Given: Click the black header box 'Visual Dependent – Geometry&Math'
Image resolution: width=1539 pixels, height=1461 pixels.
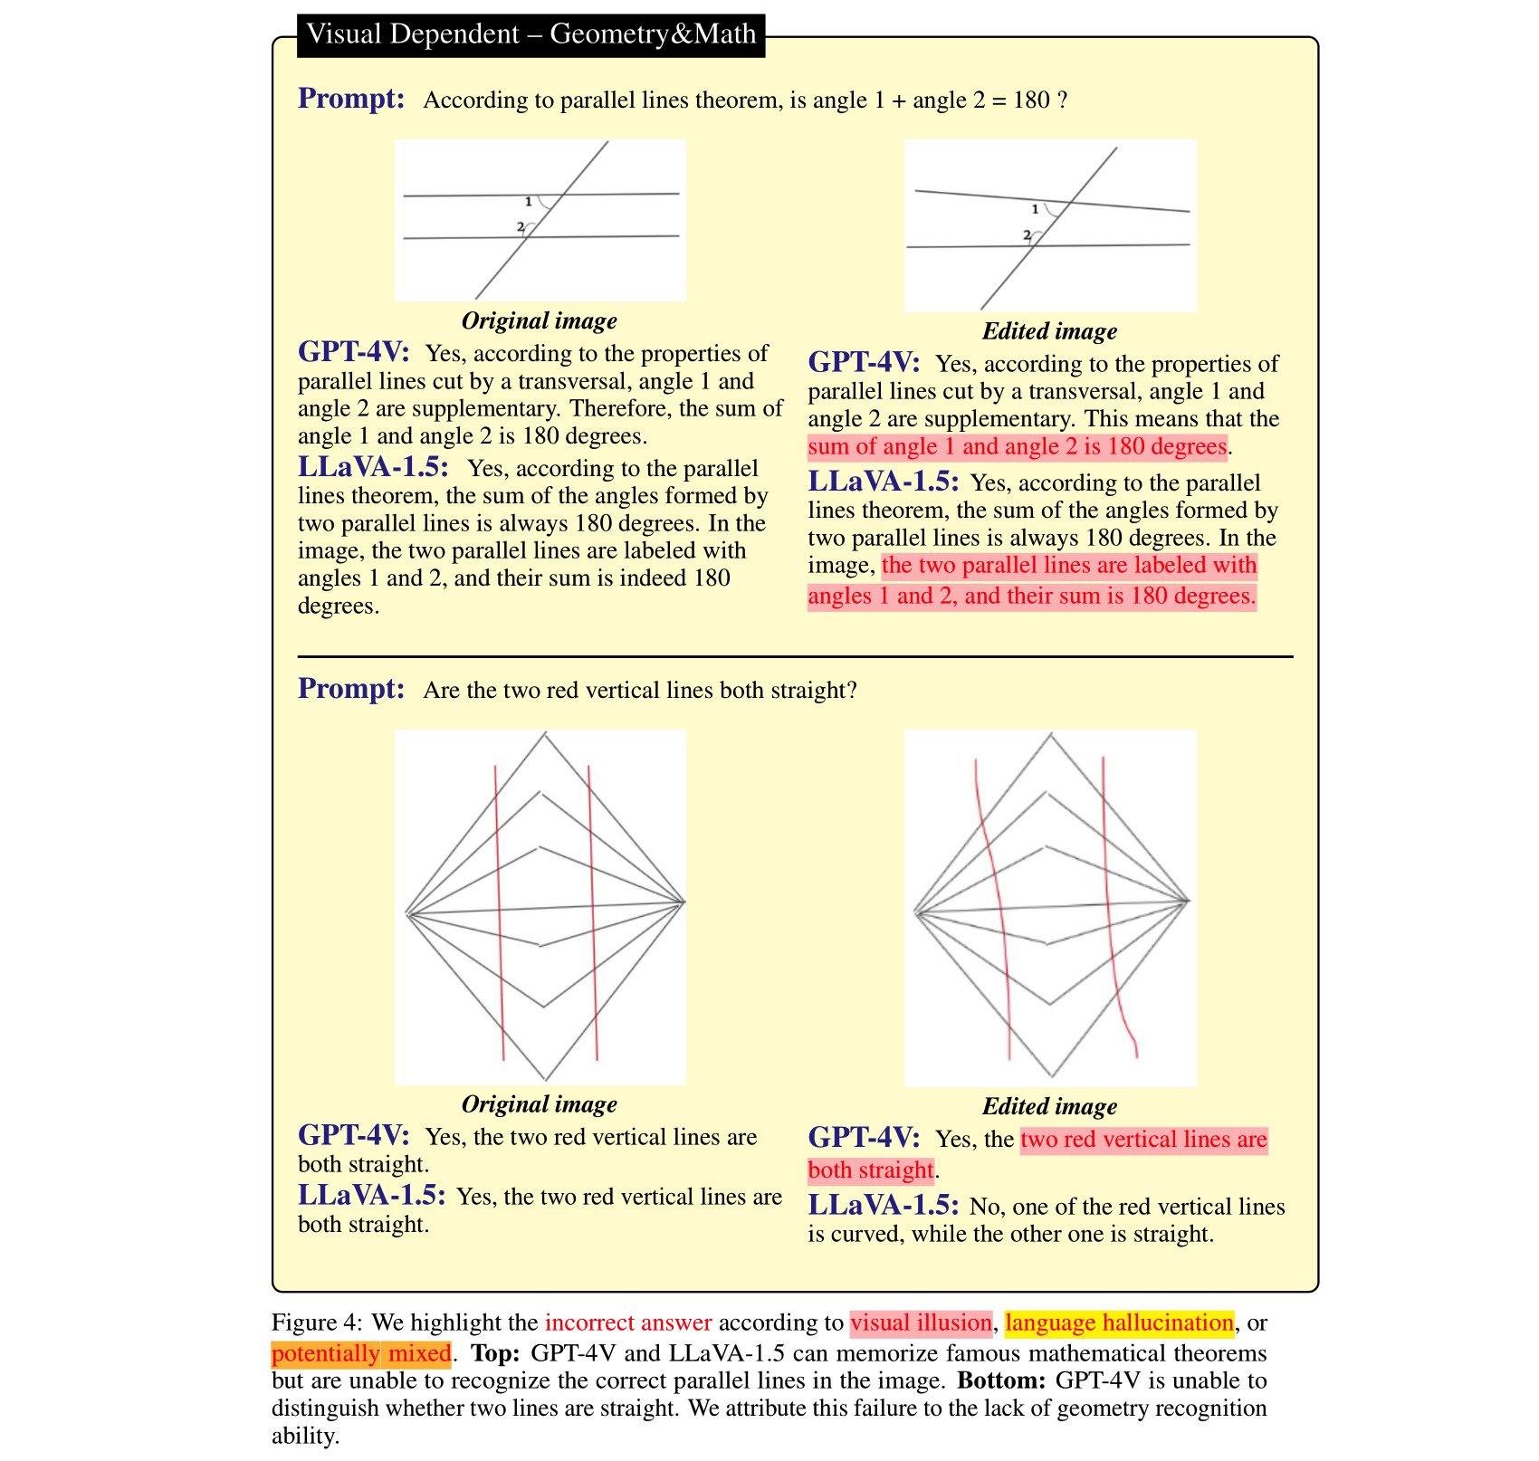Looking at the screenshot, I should [531, 35].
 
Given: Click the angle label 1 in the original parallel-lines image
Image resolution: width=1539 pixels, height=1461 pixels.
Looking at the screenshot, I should [529, 202].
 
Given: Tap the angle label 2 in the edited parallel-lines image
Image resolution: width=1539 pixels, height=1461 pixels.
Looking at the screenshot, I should [1027, 235].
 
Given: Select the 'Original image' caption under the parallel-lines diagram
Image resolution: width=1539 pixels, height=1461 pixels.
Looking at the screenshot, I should [539, 320].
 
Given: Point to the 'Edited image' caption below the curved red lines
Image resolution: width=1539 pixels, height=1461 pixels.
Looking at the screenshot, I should [1049, 1106].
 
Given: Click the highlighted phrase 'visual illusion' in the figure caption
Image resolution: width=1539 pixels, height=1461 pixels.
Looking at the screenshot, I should [921, 1323].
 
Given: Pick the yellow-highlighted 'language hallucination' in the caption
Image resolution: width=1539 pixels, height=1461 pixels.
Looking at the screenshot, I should [1119, 1323].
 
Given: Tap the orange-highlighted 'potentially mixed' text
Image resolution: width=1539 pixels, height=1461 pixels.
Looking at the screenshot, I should [361, 1353].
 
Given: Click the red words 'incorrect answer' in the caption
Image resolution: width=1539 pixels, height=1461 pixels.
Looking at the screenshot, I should [628, 1323].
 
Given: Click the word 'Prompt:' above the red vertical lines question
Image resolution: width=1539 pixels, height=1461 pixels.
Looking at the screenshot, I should [351, 689].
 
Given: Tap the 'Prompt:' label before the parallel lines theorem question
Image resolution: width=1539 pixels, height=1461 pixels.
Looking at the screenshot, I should [351, 99].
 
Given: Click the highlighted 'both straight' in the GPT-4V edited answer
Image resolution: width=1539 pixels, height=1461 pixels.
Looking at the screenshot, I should [870, 1170].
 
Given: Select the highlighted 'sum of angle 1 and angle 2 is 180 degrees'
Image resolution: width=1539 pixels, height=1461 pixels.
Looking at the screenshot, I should [1017, 447].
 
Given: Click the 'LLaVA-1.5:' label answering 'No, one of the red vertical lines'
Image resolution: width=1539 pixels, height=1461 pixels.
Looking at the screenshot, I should [883, 1206].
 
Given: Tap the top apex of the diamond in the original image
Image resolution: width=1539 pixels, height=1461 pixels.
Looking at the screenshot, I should [545, 734].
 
